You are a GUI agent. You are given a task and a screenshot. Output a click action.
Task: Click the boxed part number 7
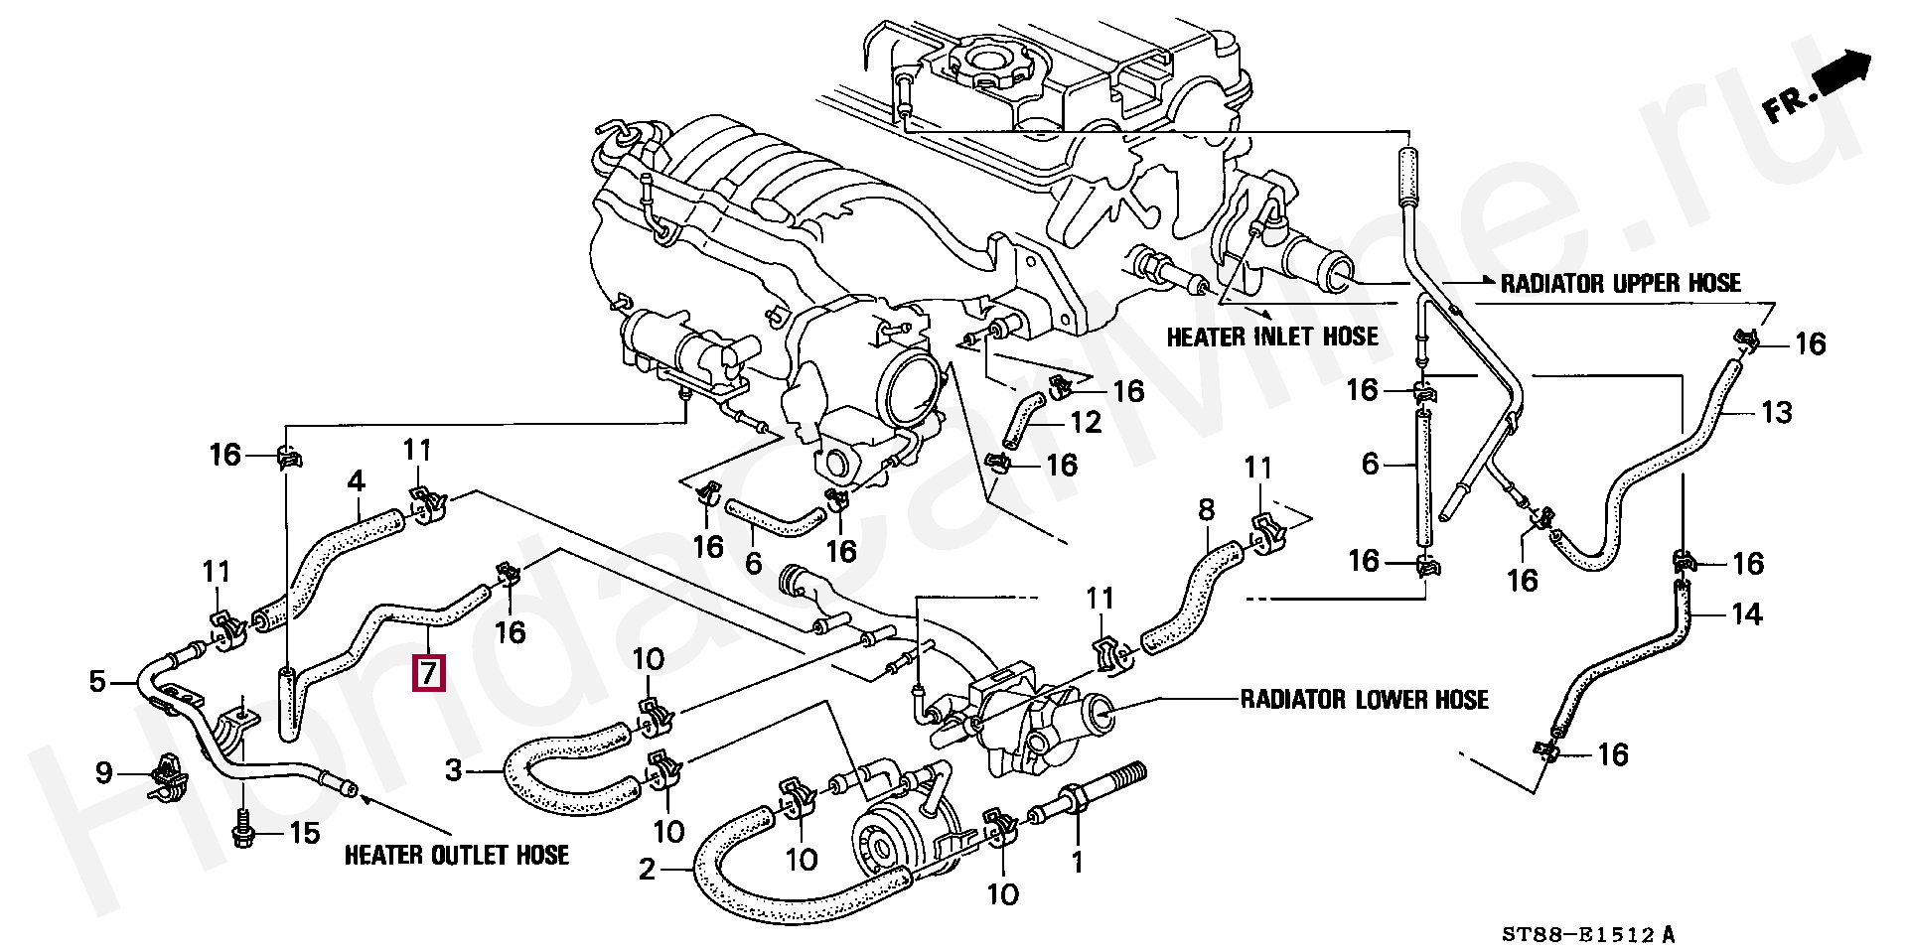[x=429, y=673]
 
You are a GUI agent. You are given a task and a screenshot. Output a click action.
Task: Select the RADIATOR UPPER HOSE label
[x=1620, y=284]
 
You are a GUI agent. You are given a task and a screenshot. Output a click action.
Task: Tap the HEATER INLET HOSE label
[x=1272, y=338]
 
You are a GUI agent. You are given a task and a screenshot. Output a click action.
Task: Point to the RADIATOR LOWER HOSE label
[x=1365, y=700]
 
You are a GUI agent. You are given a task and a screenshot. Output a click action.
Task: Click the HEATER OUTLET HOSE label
[x=457, y=855]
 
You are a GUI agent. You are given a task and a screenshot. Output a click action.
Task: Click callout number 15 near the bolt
[x=304, y=833]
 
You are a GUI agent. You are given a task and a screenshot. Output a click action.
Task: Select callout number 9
[x=104, y=772]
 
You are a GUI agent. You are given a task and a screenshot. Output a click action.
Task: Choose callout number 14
[x=1746, y=615]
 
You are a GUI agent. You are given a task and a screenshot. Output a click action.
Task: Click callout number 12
[x=1086, y=423]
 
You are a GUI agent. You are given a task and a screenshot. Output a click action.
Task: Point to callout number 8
[x=1206, y=511]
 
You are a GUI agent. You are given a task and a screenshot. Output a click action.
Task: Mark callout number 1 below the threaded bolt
[x=1078, y=863]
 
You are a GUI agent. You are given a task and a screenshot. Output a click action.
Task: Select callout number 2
[x=648, y=871]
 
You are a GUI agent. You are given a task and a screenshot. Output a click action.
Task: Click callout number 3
[x=454, y=769]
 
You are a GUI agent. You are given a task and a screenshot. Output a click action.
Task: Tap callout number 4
[x=356, y=482]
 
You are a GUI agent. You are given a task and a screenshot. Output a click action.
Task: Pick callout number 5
[x=97, y=682]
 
